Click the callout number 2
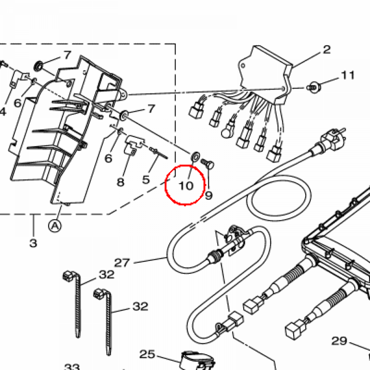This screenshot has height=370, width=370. click(327, 50)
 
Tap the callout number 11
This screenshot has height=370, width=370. click(348, 75)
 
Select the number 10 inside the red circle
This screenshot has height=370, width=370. click(186, 186)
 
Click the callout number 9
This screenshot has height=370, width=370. click(208, 195)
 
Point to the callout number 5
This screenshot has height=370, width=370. click(146, 179)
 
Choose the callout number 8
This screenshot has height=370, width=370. click(120, 181)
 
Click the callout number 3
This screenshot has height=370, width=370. click(33, 243)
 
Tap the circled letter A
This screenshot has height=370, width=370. click(55, 226)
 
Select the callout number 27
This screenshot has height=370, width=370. click(122, 262)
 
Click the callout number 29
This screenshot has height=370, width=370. click(339, 341)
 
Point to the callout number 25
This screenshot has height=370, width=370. click(147, 354)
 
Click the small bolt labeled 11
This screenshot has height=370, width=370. click(313, 87)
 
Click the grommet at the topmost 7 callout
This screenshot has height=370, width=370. click(38, 66)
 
